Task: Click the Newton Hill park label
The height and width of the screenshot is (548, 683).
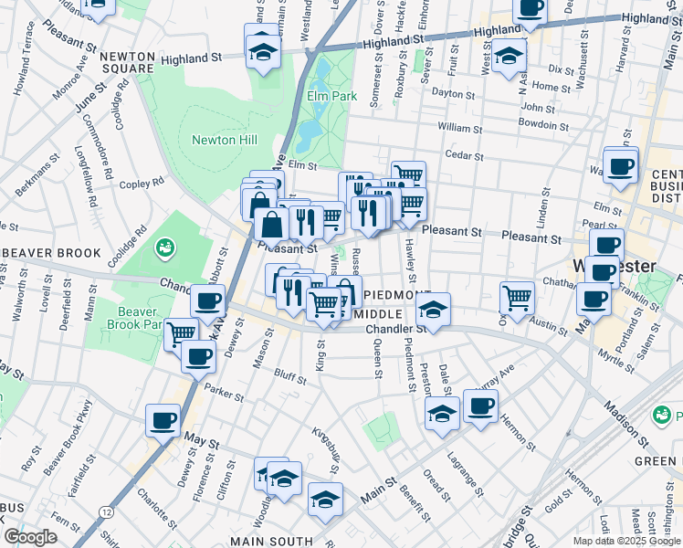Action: (x=224, y=140)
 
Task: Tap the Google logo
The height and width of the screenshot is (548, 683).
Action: (x=30, y=537)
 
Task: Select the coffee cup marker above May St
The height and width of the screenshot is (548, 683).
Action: (x=163, y=421)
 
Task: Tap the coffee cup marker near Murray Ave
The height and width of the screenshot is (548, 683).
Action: (x=480, y=406)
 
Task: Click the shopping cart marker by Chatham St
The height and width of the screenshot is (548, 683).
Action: (x=517, y=297)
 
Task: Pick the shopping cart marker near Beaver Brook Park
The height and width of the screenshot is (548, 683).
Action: (x=181, y=333)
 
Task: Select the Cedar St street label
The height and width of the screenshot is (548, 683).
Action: (x=463, y=155)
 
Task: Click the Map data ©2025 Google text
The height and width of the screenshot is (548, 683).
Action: (x=625, y=541)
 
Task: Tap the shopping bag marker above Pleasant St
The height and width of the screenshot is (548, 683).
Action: (x=271, y=223)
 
